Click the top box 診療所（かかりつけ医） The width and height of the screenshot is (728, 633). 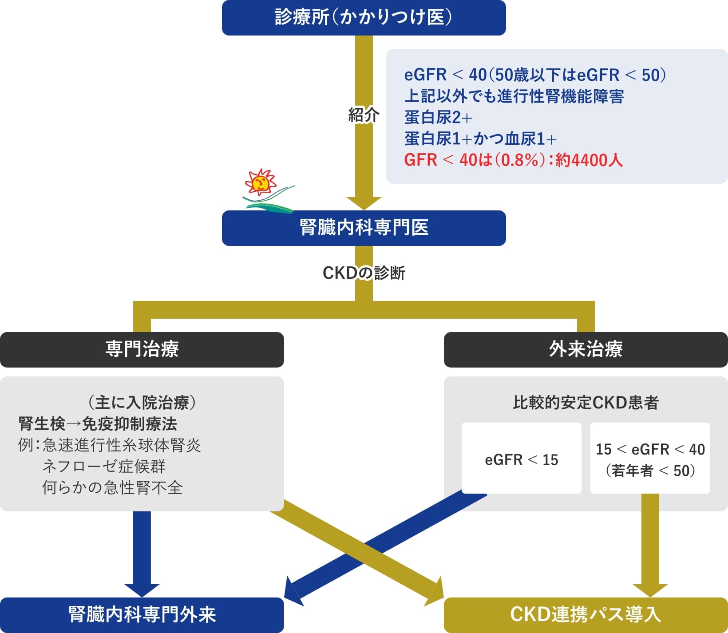tap(364, 18)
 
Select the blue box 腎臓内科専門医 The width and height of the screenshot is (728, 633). tap(364, 228)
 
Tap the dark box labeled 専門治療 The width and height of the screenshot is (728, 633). tap(142, 350)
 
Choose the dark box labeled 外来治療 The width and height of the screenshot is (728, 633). tap(586, 350)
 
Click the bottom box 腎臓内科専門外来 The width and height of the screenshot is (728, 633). tap(142, 615)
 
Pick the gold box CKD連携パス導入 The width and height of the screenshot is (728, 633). tap(586, 615)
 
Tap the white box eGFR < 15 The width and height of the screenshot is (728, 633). tap(522, 458)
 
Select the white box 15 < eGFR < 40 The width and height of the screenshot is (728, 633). tap(650, 458)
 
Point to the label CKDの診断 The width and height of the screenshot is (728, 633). tap(364, 273)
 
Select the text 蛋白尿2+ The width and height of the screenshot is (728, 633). tap(438, 117)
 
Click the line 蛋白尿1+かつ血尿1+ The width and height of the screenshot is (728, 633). tap(480, 138)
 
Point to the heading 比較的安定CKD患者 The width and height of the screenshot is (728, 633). tap(586, 403)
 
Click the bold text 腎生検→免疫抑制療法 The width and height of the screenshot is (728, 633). tap(98, 424)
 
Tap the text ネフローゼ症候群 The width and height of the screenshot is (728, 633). tap(104, 467)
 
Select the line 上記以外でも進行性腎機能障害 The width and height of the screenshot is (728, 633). tap(514, 96)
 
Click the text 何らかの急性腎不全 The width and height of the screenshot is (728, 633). tap(112, 488)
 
